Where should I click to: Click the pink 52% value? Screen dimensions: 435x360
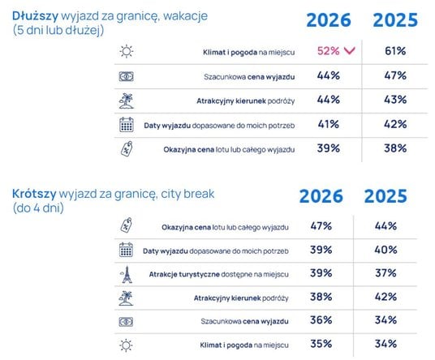[x=329, y=51]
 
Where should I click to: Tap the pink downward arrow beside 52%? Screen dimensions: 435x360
[x=349, y=51]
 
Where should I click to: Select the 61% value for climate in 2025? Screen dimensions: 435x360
[x=395, y=51]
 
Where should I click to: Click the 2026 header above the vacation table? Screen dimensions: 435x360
[x=329, y=20]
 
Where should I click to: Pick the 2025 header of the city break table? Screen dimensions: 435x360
[x=385, y=196]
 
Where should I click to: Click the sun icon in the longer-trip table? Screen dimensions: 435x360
[x=127, y=51]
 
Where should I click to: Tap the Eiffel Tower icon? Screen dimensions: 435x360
[x=127, y=275]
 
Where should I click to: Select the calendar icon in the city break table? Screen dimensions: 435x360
[x=126, y=250]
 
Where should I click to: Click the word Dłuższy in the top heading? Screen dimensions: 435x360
[x=35, y=16]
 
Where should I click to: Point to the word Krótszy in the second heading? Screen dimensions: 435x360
[x=34, y=194]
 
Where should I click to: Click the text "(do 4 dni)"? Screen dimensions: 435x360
[x=38, y=208]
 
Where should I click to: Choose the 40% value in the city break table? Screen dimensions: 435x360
[x=385, y=250]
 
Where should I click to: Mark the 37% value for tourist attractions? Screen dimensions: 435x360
[x=385, y=273]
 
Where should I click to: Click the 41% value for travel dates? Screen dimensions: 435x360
[x=329, y=124]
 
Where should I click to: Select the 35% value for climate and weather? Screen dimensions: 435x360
[x=321, y=344]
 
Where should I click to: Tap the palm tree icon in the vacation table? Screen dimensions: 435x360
[x=127, y=101]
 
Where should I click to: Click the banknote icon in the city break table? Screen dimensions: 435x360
[x=126, y=322]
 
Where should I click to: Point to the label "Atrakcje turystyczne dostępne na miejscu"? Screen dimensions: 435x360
[x=218, y=274]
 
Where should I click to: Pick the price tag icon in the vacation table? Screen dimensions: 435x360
[x=127, y=149]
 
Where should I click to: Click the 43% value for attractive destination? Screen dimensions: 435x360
[x=395, y=100]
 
